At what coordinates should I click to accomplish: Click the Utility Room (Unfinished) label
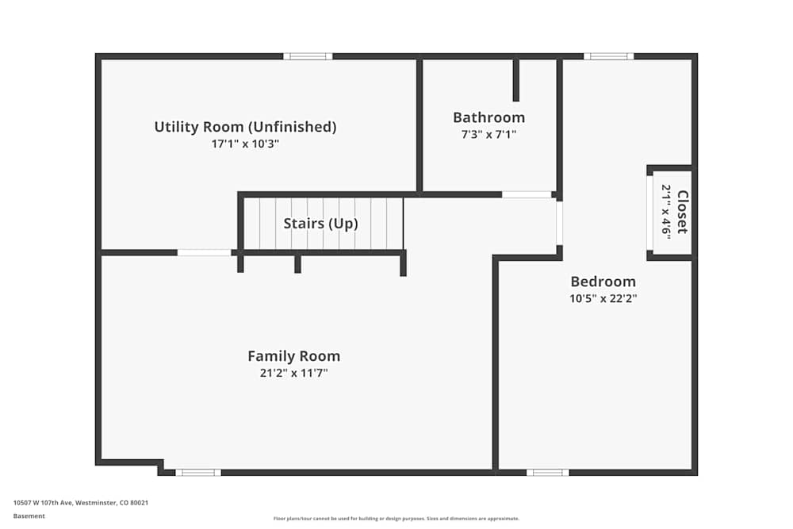[245, 127]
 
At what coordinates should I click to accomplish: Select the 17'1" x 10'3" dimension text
[245, 144]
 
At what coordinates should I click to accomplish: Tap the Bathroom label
[488, 117]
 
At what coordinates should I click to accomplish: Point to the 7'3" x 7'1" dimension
[488, 135]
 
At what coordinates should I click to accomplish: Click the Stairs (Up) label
[320, 224]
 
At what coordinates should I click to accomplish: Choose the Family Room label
[293, 356]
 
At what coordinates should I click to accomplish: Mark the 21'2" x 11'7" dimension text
[293, 373]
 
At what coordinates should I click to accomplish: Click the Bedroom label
[603, 282]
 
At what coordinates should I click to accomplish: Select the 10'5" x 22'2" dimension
[603, 299]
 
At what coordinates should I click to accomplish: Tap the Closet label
[682, 213]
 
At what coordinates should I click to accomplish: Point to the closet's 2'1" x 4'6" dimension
[667, 211]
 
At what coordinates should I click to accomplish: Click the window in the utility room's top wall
[308, 56]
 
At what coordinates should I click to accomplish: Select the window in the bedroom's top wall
[608, 56]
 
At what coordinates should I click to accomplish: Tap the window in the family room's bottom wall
[198, 473]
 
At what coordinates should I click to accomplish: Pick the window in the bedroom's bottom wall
[547, 473]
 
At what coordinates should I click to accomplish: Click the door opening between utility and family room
[204, 253]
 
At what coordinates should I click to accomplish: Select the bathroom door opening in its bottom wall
[527, 194]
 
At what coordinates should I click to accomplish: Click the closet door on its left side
[649, 213]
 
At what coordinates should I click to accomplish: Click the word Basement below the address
[29, 516]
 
